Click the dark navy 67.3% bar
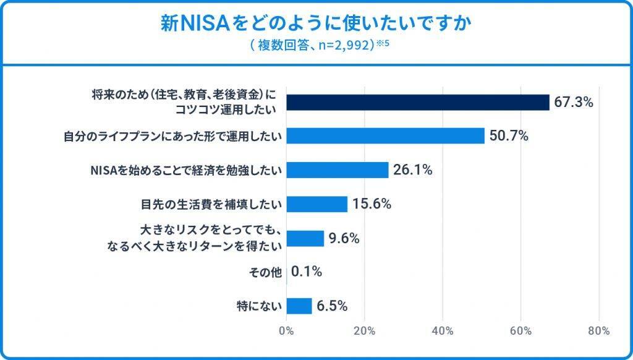pos(418,102)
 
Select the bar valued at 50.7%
pos(385,136)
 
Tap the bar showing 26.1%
pos(338,170)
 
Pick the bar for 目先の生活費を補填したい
pos(317,204)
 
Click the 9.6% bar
pos(305,238)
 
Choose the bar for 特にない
pos(300,306)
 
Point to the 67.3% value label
pos(573,102)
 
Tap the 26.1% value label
pos(412,170)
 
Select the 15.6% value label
pos(372,204)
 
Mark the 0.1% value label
pos(307,272)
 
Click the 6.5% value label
pos(333,306)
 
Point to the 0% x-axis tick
pos(286,331)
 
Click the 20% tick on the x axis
pos(365,331)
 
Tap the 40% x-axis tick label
pos(443,331)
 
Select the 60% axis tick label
pos(521,331)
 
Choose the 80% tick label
pos(600,331)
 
